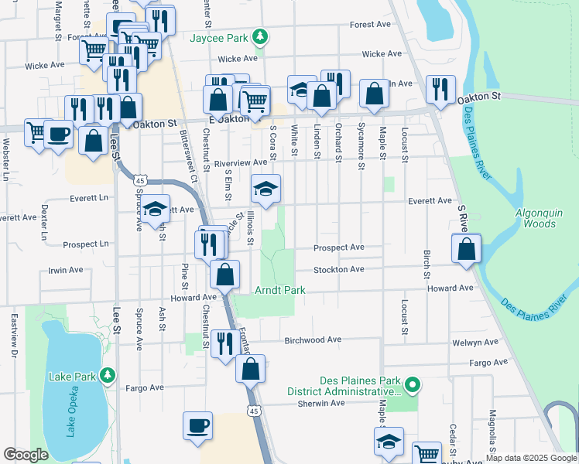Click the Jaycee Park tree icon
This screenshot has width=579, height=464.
[x=262, y=36]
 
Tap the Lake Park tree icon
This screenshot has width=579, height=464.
[x=108, y=376]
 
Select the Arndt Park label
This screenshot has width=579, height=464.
[x=280, y=290]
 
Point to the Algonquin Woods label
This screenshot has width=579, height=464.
[x=536, y=218]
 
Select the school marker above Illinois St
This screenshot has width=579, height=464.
[x=266, y=189]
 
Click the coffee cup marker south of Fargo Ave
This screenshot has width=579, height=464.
[x=197, y=425]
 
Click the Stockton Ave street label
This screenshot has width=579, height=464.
[x=338, y=269]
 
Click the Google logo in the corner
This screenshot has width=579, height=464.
[x=26, y=455]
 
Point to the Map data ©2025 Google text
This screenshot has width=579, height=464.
[x=531, y=457]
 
